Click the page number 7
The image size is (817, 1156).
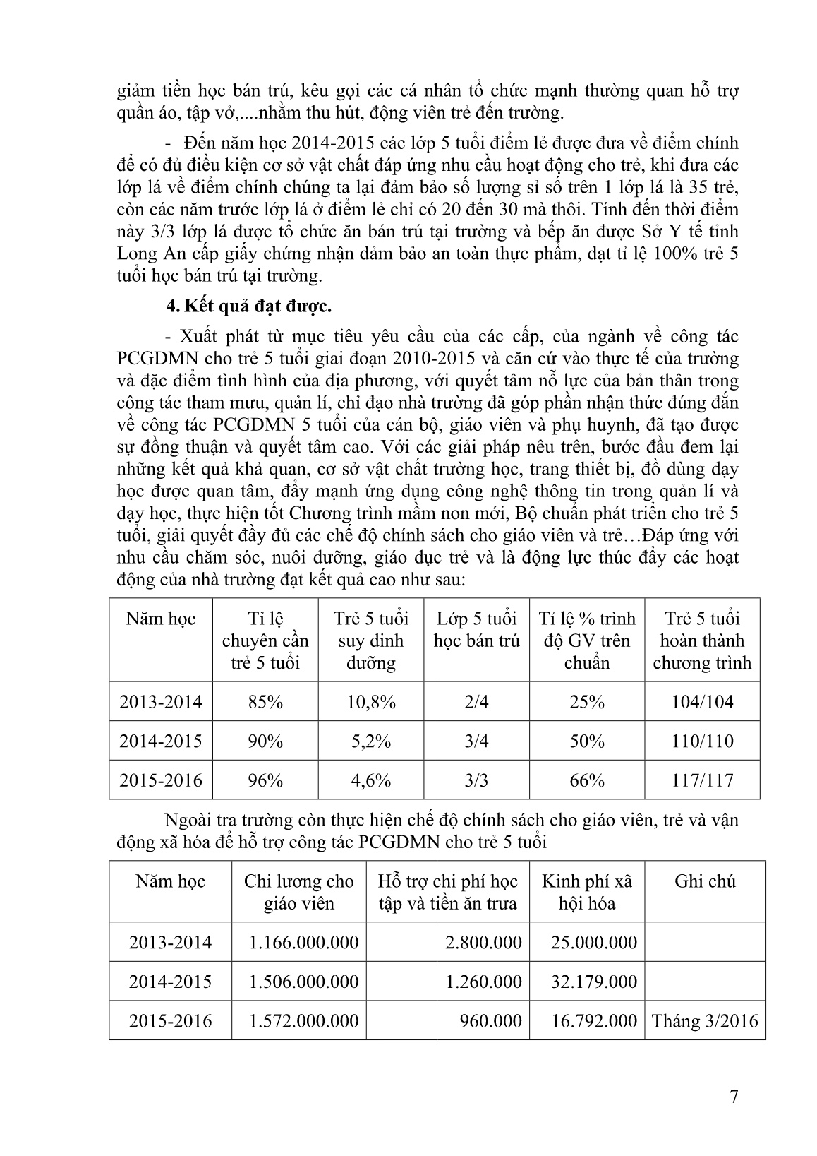(734, 1097)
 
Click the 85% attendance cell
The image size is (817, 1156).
(265, 702)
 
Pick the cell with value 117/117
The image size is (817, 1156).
(702, 780)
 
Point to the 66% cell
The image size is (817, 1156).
(586, 780)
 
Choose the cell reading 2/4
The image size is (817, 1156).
(476, 702)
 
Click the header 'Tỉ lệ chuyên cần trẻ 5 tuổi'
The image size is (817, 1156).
(265, 640)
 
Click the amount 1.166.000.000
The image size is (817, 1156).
(303, 942)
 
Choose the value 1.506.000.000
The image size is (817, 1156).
(303, 982)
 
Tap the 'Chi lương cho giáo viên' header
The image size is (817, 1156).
(298, 892)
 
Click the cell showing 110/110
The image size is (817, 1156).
(702, 741)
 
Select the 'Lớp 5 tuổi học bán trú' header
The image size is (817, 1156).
(476, 630)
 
